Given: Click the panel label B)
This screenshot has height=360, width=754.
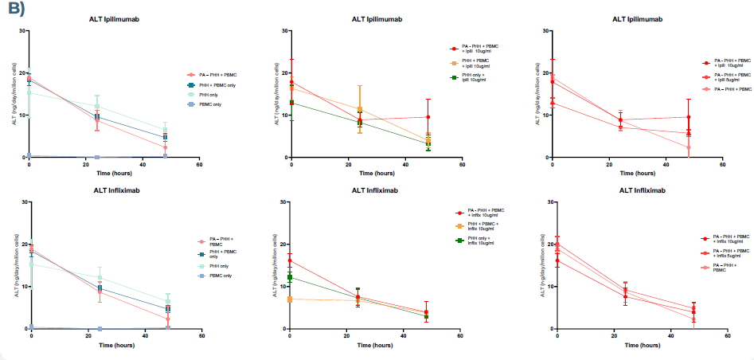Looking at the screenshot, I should point(15,10).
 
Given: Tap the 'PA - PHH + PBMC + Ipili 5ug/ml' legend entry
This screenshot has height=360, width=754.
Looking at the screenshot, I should point(730,76).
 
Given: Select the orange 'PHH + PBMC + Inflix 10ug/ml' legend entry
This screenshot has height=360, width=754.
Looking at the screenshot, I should point(480,227).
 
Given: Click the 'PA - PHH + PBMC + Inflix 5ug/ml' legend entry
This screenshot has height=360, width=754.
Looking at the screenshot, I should point(731,251).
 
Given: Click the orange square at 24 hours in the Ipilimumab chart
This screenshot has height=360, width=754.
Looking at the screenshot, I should point(360,110).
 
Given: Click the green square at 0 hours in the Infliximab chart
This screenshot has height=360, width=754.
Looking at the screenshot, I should point(291,277).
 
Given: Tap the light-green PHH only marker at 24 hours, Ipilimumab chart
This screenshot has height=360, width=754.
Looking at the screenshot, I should point(97,106).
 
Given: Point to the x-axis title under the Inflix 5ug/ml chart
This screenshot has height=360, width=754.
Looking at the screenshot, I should point(643,346).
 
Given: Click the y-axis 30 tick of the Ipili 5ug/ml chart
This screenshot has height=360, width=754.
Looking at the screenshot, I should point(545,31).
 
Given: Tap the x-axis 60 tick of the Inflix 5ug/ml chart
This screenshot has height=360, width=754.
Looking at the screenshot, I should point(728,337).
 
